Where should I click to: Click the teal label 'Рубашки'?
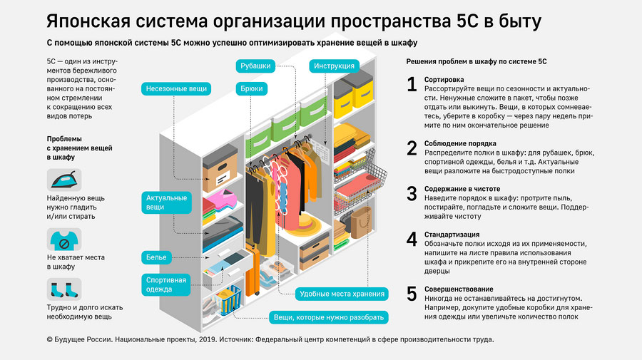[x=255, y=66]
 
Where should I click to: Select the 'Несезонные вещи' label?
[x=175, y=89]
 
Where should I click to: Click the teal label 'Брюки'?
[x=251, y=89]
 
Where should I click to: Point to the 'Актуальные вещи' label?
[x=166, y=202]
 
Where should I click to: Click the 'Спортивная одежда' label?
[x=166, y=284]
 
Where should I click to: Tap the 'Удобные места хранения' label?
[x=342, y=294]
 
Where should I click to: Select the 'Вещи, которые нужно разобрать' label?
[x=329, y=317]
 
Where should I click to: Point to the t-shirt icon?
[x=64, y=239]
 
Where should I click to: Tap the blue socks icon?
[x=64, y=289]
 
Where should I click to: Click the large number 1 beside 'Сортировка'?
[x=412, y=85]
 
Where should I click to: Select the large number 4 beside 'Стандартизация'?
[x=412, y=239]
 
